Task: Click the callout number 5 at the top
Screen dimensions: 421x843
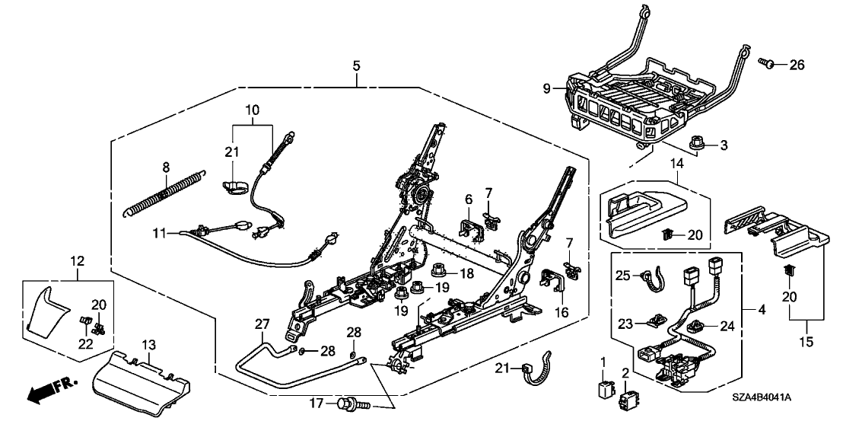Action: [x=356, y=66]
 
